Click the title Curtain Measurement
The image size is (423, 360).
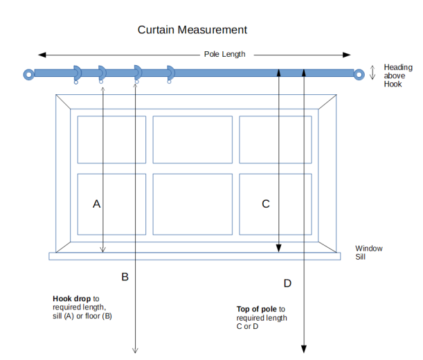click(192, 30)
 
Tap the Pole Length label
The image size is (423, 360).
click(224, 54)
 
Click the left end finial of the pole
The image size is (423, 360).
click(28, 73)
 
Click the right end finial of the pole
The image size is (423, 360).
click(359, 73)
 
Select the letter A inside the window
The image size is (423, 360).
click(97, 204)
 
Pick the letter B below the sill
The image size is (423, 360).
click(125, 277)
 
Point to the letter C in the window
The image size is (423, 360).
click(265, 204)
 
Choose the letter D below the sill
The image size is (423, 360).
click(287, 283)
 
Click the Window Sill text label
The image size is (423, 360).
click(368, 252)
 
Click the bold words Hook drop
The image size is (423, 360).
click(71, 300)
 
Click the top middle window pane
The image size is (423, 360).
click(192, 139)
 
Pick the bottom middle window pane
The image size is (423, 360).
click(192, 204)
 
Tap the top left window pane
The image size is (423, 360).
click(111, 139)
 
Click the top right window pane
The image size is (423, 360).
click(275, 139)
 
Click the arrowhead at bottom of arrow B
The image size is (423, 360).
click(135, 349)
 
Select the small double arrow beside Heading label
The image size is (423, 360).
click(373, 71)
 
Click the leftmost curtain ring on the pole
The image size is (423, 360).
click(77, 72)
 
